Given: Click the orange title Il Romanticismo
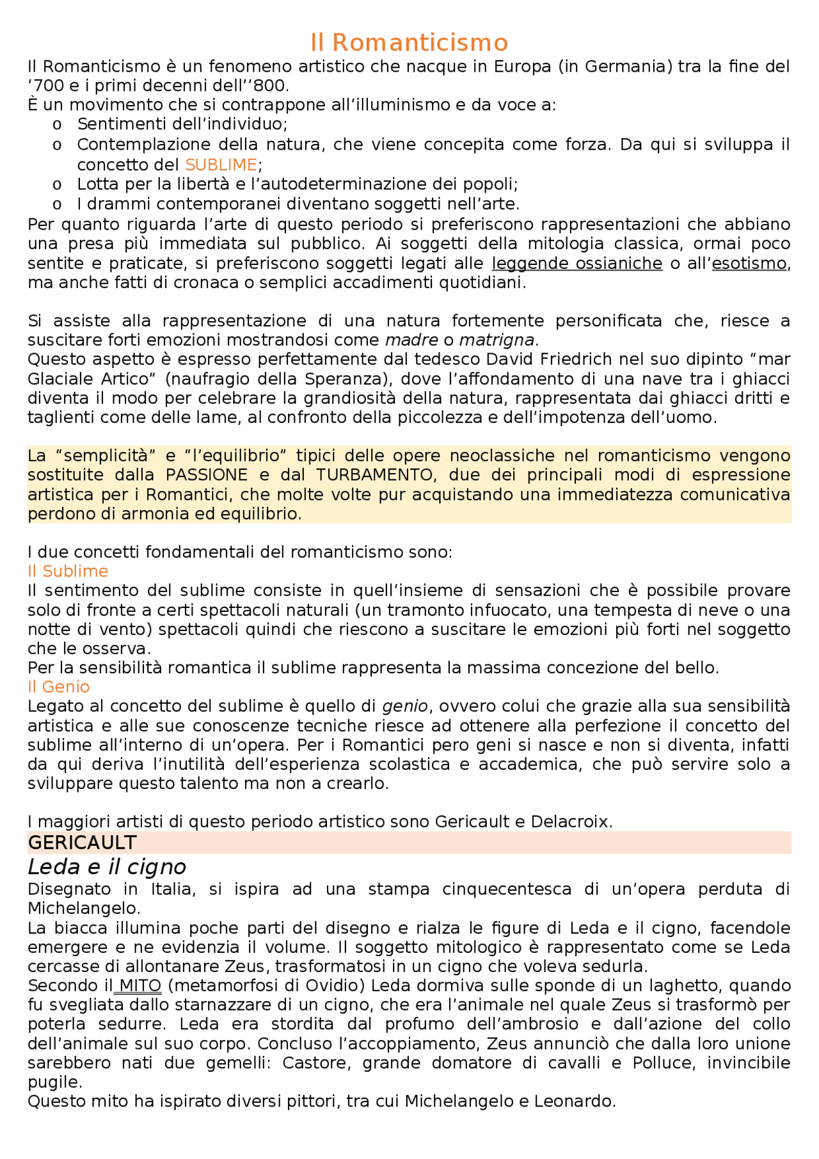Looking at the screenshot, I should (x=409, y=43).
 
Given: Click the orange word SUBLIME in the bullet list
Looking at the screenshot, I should (x=221, y=165).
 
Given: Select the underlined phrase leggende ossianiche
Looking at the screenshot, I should (x=576, y=264).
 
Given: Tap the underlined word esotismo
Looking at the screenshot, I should (x=749, y=264).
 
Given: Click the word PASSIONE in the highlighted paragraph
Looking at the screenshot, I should (x=207, y=475).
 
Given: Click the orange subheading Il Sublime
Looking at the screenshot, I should (x=68, y=572).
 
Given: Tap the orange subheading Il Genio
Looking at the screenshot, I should (x=58, y=687).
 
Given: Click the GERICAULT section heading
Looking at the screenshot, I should (x=83, y=843).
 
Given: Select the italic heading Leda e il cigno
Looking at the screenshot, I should (x=107, y=867).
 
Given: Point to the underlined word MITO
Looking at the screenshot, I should (x=140, y=986).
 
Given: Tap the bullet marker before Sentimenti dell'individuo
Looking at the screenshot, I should (x=57, y=124).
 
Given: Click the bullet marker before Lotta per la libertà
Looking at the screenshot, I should (x=57, y=185).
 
